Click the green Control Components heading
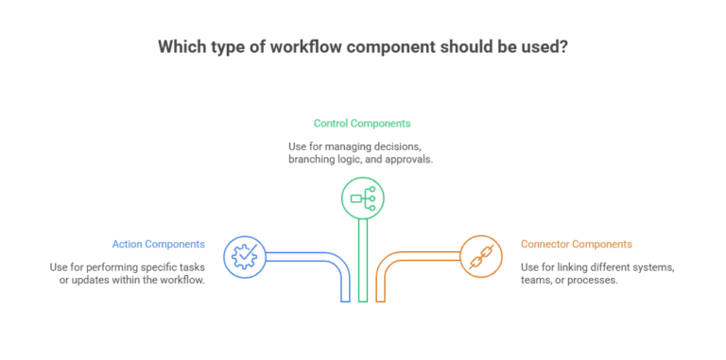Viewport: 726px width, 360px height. tap(362, 124)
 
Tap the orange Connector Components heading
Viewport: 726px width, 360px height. tap(577, 244)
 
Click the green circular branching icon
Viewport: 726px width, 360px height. tap(362, 198)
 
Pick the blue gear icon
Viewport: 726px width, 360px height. tap(244, 254)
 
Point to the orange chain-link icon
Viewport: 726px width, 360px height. tap(480, 254)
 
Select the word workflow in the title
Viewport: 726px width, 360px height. tap(264, 46)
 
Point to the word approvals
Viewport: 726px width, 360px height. tap(408, 161)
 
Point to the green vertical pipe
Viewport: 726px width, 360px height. tap(362, 265)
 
